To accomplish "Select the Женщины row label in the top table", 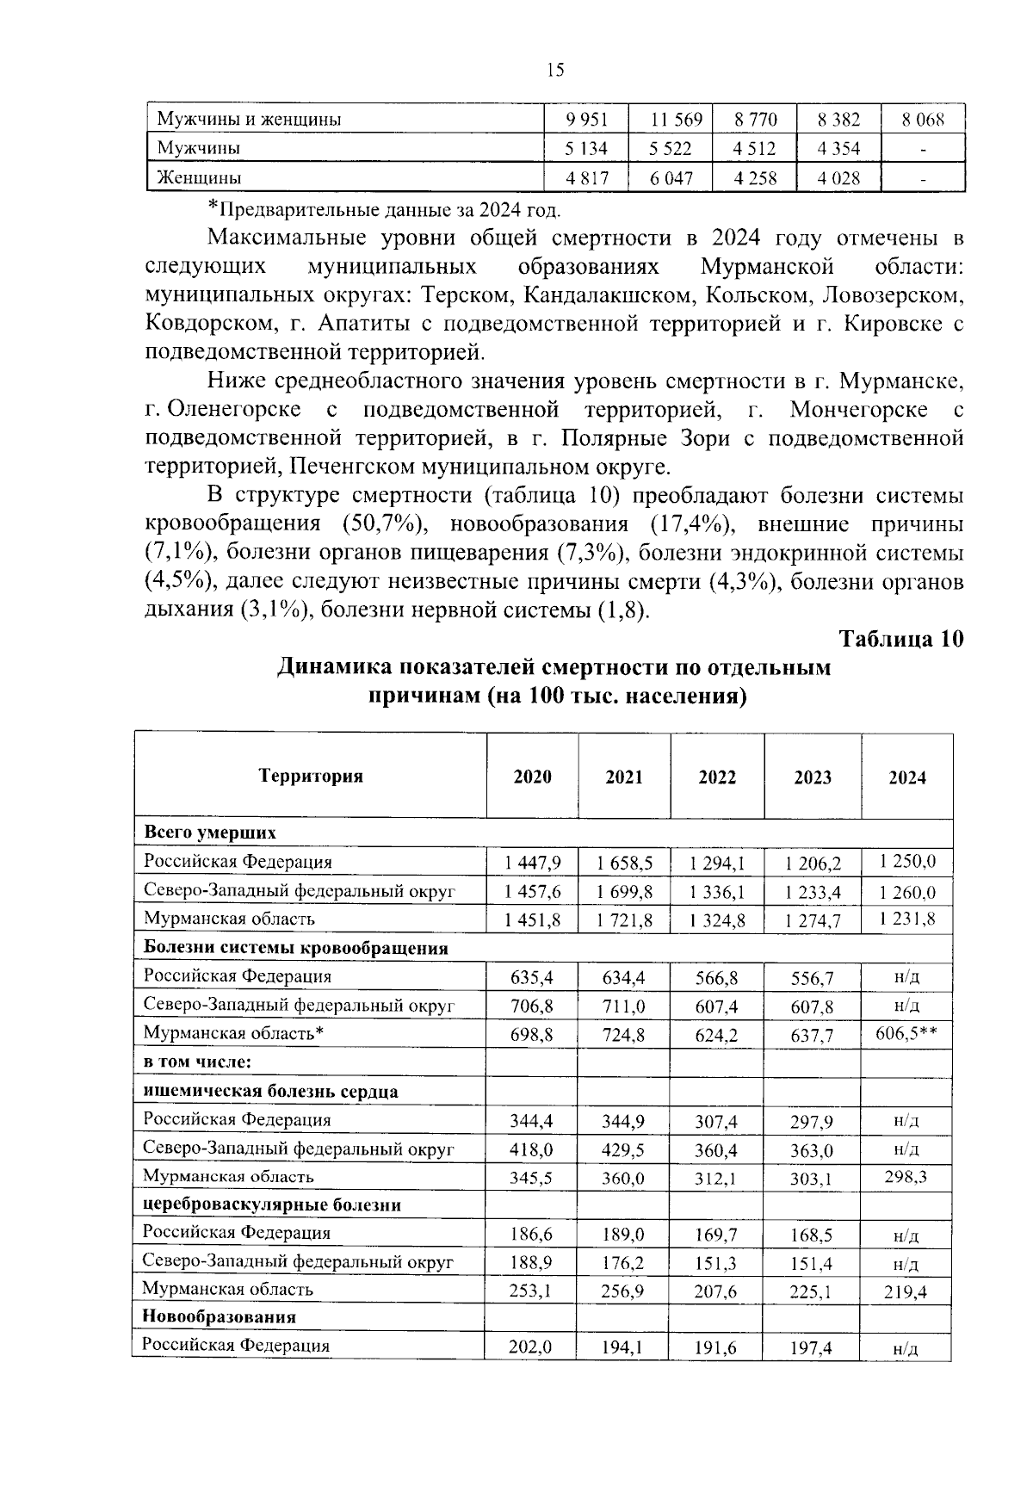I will pyautogui.click(x=199, y=178).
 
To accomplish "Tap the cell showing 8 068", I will pyautogui.click(x=923, y=120).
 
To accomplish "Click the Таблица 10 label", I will pyautogui.click(x=900, y=640).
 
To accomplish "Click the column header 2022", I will pyautogui.click(x=717, y=777).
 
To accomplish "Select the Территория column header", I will pyautogui.click(x=311, y=776).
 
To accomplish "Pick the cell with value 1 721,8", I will pyautogui.click(x=624, y=920).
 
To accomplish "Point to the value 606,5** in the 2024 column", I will pyautogui.click(x=906, y=1033).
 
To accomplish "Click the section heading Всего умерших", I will pyautogui.click(x=209, y=833).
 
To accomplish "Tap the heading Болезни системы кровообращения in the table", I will pyautogui.click(x=295, y=948).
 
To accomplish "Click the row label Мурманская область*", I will pyautogui.click(x=232, y=1033).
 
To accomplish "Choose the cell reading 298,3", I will pyautogui.click(x=906, y=1176).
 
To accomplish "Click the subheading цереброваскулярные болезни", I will pyautogui.click(x=272, y=1204).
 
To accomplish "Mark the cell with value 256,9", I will pyautogui.click(x=624, y=1291).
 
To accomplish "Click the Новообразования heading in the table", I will pyautogui.click(x=219, y=1316).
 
